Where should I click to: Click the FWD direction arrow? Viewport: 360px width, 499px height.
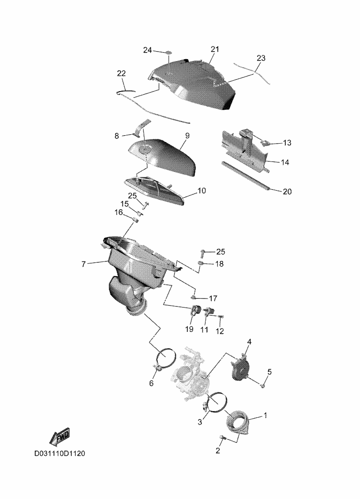(x=60, y=437)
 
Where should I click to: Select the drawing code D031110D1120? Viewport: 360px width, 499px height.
(x=60, y=453)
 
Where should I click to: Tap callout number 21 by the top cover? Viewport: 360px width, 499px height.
(x=215, y=49)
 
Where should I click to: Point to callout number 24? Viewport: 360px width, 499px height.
(x=147, y=50)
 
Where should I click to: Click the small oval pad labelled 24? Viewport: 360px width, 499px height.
(x=168, y=53)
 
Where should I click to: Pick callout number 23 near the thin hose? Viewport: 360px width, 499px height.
(x=261, y=58)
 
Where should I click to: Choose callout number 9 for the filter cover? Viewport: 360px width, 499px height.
(x=187, y=136)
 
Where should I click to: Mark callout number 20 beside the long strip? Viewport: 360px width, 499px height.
(x=287, y=192)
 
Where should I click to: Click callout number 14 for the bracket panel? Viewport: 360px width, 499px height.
(x=285, y=162)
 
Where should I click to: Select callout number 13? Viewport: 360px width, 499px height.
(x=287, y=143)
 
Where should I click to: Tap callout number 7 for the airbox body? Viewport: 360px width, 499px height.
(x=84, y=264)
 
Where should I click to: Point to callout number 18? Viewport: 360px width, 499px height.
(x=219, y=264)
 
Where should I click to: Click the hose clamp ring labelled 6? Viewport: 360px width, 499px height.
(x=166, y=359)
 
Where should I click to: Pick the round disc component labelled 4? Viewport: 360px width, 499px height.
(x=241, y=368)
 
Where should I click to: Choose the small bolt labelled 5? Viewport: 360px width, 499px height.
(x=262, y=386)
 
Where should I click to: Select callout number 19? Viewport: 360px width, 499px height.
(x=189, y=329)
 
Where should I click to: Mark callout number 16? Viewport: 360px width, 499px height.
(x=119, y=212)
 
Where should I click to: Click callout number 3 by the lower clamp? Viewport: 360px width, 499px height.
(x=200, y=422)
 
